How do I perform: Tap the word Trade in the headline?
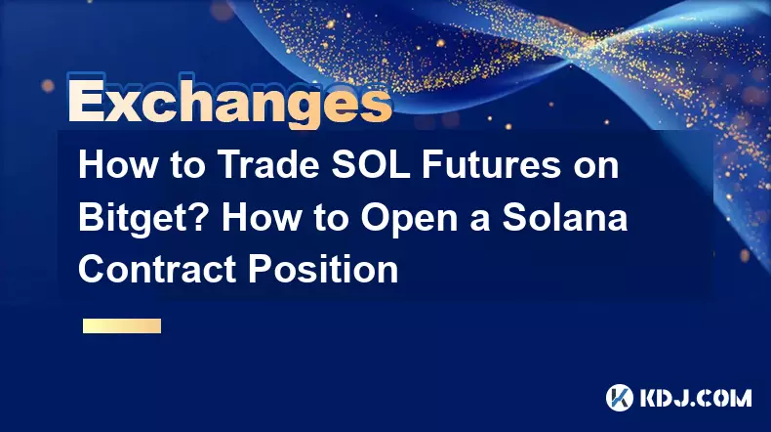[268, 165]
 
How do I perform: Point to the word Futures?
[491, 165]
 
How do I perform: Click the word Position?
[323, 270]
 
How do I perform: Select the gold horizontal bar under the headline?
[122, 325]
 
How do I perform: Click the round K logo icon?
[620, 398]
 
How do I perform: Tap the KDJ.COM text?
[695, 398]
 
